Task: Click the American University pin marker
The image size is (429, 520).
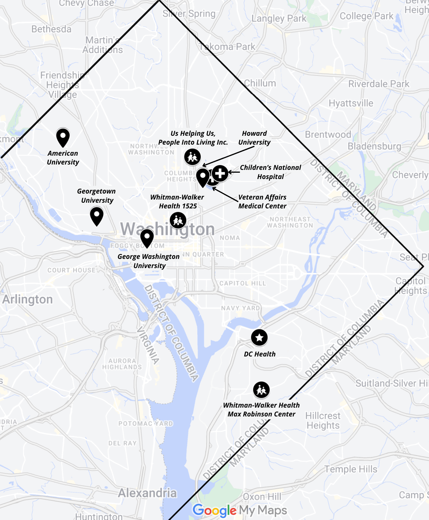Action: [x=63, y=137]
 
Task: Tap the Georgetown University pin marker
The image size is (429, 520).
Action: [x=97, y=216]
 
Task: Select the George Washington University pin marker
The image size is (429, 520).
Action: [x=147, y=238]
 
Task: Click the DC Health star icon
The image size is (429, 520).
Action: [x=259, y=338]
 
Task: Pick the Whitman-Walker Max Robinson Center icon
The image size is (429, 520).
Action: [x=261, y=390]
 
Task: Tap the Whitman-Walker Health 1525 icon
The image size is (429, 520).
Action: [x=178, y=220]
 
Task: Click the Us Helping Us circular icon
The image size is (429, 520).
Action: [x=192, y=157]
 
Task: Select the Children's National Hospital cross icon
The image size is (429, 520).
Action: [x=220, y=173]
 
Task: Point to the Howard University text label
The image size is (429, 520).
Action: [x=254, y=138]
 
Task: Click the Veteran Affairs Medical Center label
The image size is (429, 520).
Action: [x=262, y=201]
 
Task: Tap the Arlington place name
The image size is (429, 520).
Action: [x=27, y=299]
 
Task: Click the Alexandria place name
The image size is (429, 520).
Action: [x=147, y=493]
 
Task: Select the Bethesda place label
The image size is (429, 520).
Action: [x=51, y=29]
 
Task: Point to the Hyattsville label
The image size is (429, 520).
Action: [x=351, y=103]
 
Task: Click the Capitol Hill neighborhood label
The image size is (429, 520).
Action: [x=242, y=283]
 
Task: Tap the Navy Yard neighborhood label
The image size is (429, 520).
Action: [x=241, y=308]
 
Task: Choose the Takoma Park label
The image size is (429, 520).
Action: [x=227, y=47]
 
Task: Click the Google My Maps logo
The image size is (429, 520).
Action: [x=240, y=510]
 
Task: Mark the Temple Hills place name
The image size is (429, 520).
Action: [x=351, y=469]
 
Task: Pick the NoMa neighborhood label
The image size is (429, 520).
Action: [x=230, y=238]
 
